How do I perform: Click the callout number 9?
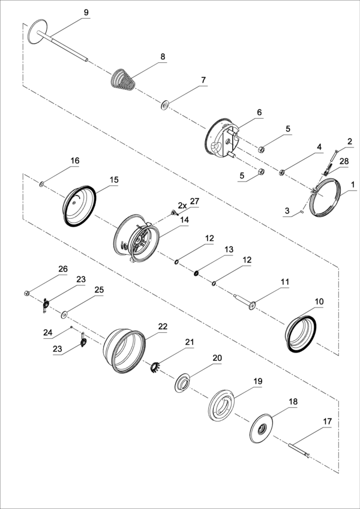(86, 13)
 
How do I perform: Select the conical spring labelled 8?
(124, 80)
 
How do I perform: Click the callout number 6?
(259, 112)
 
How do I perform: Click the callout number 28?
(344, 162)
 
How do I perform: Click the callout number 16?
(74, 161)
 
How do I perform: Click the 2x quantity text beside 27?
(181, 205)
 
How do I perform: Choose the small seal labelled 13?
(196, 274)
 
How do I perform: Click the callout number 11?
(285, 281)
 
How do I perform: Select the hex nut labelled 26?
(28, 293)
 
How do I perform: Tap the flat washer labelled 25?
(64, 313)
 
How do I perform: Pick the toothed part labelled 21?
(156, 365)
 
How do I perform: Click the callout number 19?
(257, 381)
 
